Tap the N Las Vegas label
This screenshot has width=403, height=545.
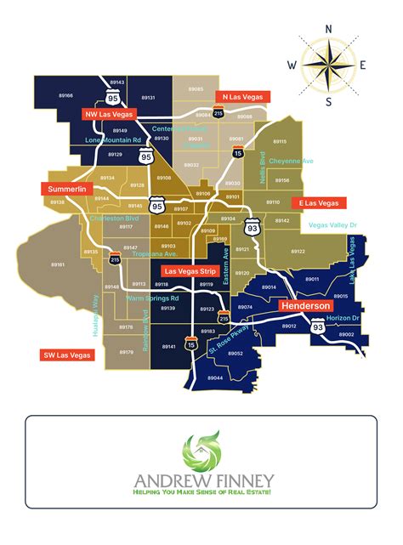click(242, 96)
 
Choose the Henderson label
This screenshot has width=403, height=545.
click(305, 304)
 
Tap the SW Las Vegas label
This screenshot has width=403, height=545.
click(65, 355)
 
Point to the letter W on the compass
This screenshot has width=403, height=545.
click(292, 65)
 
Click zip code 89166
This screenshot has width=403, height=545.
click(67, 96)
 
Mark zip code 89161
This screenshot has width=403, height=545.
click(58, 265)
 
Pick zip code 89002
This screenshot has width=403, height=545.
click(346, 335)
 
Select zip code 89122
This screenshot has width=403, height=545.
click(298, 252)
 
